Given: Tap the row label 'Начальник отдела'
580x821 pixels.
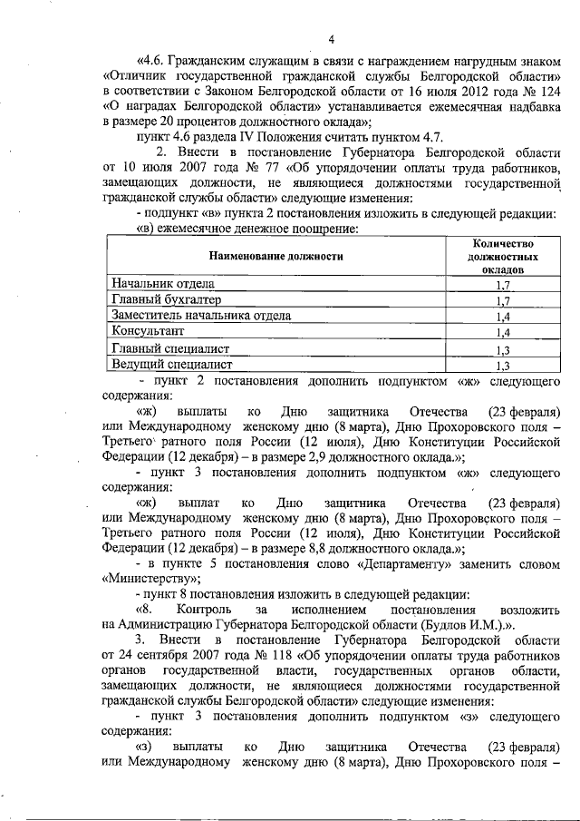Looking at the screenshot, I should click(x=162, y=284).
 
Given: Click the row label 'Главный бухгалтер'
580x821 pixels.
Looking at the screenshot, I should click(x=165, y=299).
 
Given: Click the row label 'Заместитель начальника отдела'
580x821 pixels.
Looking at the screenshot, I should click(x=200, y=316).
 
